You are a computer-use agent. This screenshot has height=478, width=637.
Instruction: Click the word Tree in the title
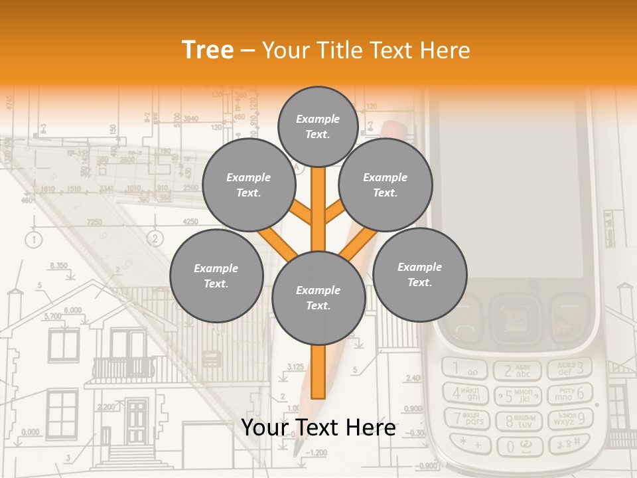tap(208, 50)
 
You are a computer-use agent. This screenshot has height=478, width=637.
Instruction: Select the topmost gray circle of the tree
tap(318, 126)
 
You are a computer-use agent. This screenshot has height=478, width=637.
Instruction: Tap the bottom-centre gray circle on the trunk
tap(318, 298)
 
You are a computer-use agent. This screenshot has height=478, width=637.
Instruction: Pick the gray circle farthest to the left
tap(216, 276)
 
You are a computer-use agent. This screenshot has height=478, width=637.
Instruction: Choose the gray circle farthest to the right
tap(419, 275)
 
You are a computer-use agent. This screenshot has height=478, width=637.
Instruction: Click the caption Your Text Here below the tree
tap(318, 428)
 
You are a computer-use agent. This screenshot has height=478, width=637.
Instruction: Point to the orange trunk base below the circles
tap(318, 372)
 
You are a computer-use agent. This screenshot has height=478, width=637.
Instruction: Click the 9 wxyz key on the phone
tap(570, 419)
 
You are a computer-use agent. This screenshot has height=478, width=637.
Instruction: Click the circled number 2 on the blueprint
tap(155, 238)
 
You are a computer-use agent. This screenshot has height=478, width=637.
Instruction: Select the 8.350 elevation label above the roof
tap(58, 266)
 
